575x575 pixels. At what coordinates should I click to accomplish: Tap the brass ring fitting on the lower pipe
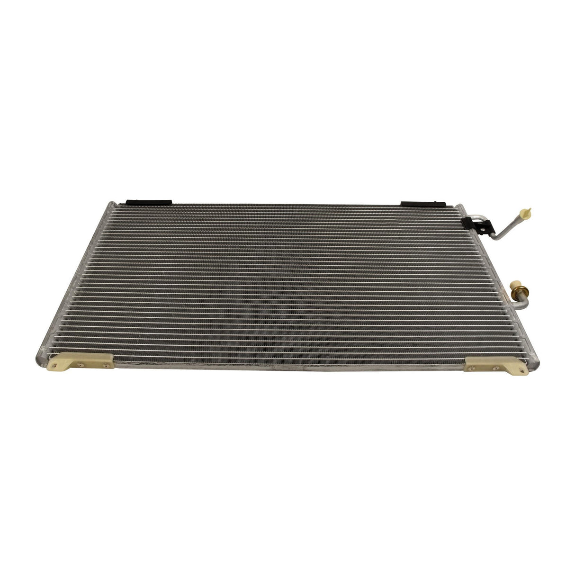514,287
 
